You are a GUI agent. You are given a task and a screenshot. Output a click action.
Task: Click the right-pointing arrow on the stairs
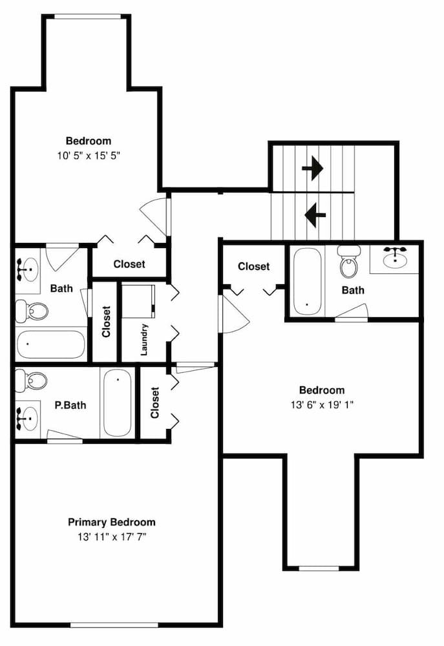pos(312,169)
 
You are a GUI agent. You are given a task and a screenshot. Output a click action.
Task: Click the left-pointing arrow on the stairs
pos(315,214)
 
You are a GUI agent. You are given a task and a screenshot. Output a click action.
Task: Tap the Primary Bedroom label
pos(112,522)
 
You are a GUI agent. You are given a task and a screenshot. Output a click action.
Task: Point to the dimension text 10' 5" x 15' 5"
pos(89,155)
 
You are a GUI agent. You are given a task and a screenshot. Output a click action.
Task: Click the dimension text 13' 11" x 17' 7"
pos(112,536)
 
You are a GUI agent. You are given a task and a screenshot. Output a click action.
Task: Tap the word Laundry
pos(144,339)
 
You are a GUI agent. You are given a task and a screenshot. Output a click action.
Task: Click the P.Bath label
pos(70,406)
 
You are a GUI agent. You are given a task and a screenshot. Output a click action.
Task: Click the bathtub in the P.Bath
pos(117,403)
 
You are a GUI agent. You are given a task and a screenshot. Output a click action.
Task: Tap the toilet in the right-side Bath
pos(349,264)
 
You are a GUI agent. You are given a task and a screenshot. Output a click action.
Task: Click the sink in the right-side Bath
pos(394,258)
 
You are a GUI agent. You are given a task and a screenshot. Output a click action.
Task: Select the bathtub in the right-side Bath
pos(305,281)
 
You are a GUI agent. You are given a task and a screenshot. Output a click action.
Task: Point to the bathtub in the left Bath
pos(51,345)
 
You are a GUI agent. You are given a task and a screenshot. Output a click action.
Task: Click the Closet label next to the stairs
pos(253,266)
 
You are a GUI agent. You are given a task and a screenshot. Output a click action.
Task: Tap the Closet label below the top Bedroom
pos(129,264)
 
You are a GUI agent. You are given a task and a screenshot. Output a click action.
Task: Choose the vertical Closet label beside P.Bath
pos(154,403)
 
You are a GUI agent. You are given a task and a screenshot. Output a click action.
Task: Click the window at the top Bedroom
pos(86,17)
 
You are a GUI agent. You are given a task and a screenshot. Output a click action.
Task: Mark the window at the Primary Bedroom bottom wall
pos(114,625)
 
